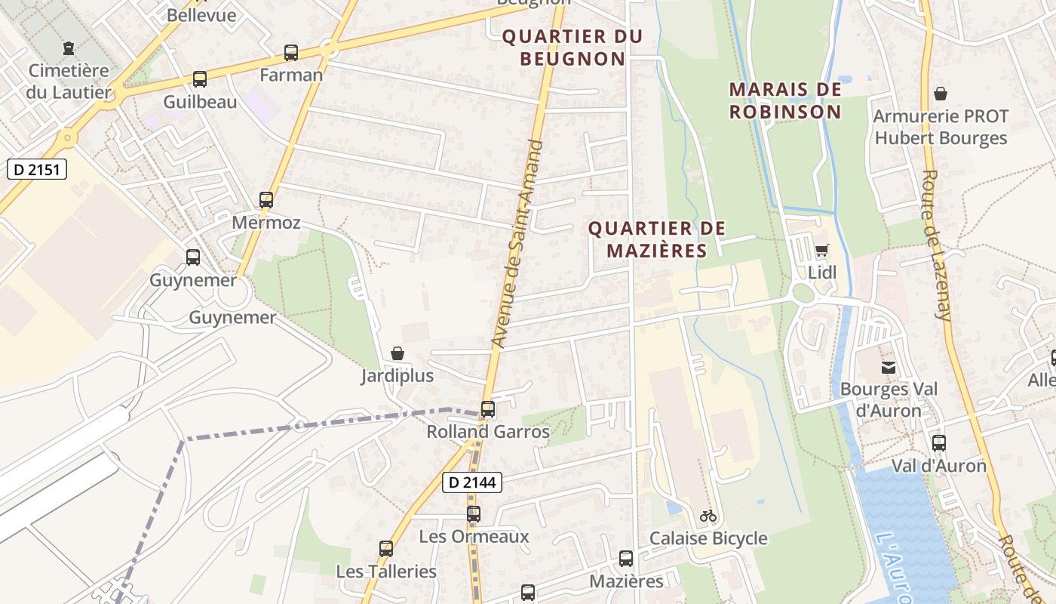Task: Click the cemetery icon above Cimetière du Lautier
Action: (69, 48)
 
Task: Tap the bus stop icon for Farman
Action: (291, 53)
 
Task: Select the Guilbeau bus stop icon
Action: (200, 79)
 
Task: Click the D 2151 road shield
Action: (37, 169)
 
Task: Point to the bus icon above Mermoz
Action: (266, 200)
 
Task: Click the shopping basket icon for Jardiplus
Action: (398, 353)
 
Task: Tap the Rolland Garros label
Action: (488, 432)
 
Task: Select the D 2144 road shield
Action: (471, 482)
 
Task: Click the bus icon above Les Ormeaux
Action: (474, 514)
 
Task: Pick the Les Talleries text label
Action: (386, 572)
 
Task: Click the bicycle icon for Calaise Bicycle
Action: (708, 516)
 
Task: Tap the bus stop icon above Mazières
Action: (626, 559)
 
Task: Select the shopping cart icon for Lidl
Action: (822, 250)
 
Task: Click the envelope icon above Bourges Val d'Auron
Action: (889, 368)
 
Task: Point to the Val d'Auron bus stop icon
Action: (939, 443)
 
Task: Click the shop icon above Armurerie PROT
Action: (941, 94)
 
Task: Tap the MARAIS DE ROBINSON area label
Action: (784, 100)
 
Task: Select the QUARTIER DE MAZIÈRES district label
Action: (656, 239)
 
